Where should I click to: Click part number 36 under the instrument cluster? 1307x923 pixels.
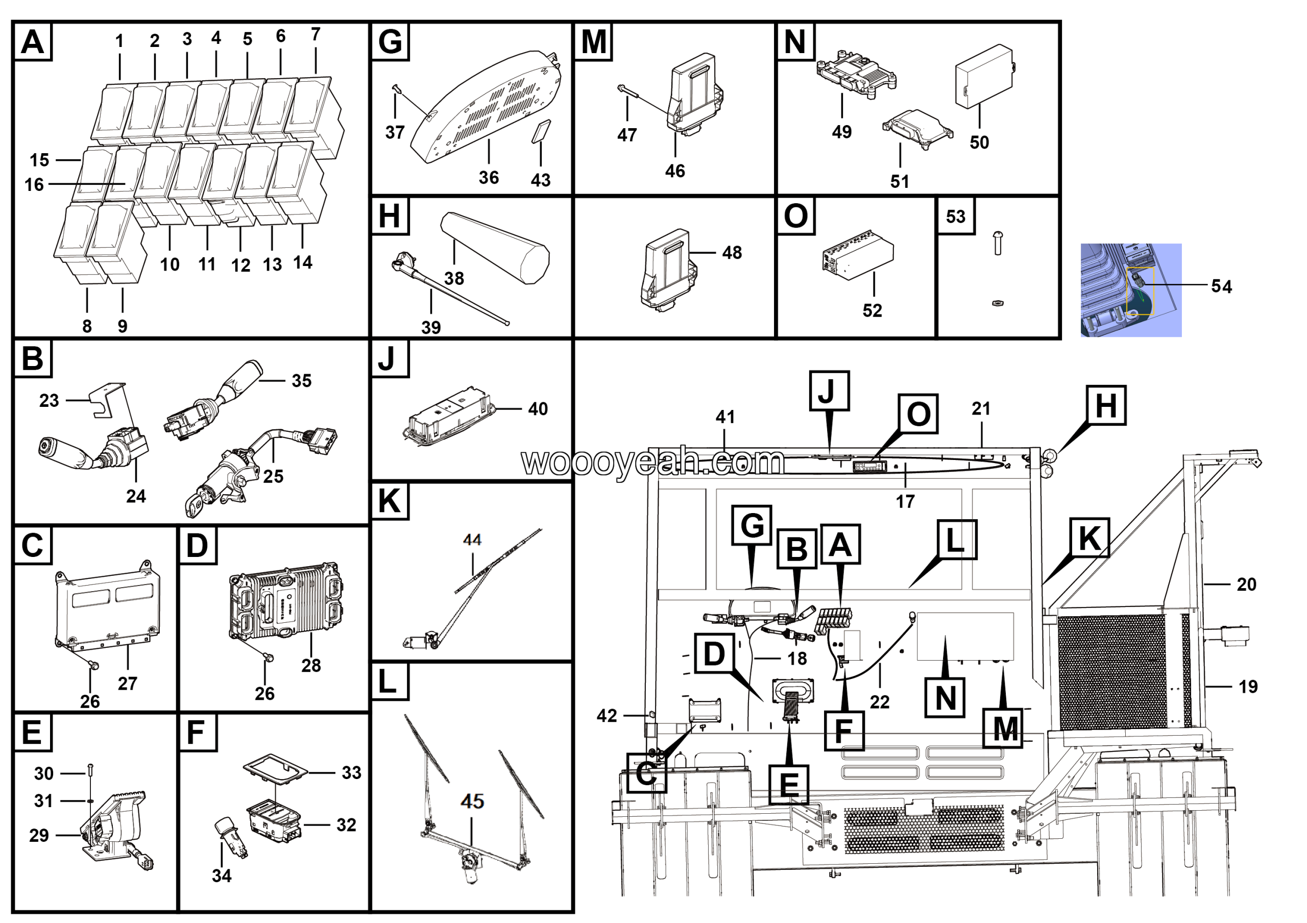[x=489, y=178]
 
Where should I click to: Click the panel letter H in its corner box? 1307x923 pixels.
[x=390, y=216]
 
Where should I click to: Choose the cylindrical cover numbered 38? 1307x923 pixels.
[x=495, y=247]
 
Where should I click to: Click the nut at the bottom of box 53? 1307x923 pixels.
[x=997, y=303]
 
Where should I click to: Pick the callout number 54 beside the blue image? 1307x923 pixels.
[x=1221, y=286]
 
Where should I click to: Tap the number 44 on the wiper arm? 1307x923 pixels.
[x=472, y=540]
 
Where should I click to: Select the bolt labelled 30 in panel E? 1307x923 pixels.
[x=91, y=771]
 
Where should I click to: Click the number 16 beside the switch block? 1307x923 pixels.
[x=34, y=184]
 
